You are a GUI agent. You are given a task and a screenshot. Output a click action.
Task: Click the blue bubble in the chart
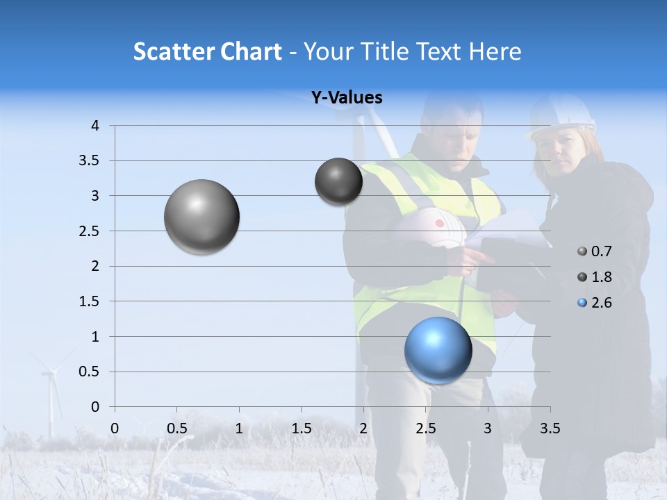pos(438,350)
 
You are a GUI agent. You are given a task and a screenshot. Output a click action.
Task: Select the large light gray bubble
pos(201,217)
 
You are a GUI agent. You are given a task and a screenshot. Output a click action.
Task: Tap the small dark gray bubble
pos(338,181)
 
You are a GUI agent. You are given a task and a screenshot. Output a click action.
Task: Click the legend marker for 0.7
pos(582,251)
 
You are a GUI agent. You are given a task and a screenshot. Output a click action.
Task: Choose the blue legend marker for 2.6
pos(582,303)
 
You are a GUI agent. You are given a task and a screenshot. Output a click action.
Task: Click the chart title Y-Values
pos(346,98)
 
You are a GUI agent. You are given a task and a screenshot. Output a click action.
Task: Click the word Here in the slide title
pos(495,51)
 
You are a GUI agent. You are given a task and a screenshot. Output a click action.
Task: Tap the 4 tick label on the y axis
pos(95,126)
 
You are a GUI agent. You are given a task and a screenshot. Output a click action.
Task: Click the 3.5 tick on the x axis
pos(550,428)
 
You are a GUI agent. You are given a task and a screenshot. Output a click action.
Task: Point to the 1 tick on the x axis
pos(239,428)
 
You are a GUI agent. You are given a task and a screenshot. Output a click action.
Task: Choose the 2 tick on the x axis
pos(363,428)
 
